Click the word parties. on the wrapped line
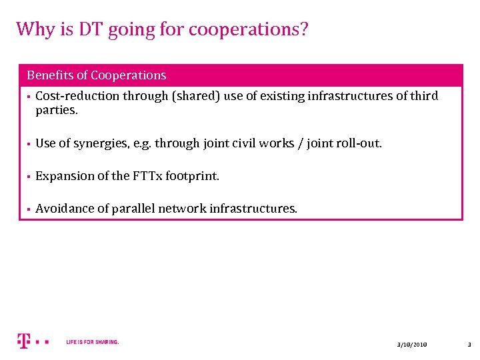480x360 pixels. pyautogui.click(x=57, y=110)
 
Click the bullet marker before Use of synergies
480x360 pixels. pyautogui.click(x=29, y=144)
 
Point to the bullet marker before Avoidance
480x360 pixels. pyautogui.click(x=29, y=209)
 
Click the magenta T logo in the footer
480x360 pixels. pyautogui.click(x=24, y=341)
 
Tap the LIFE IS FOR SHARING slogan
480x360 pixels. pyautogui.click(x=93, y=342)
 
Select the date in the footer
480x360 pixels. pyautogui.click(x=411, y=344)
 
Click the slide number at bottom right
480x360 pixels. pyautogui.click(x=469, y=344)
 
